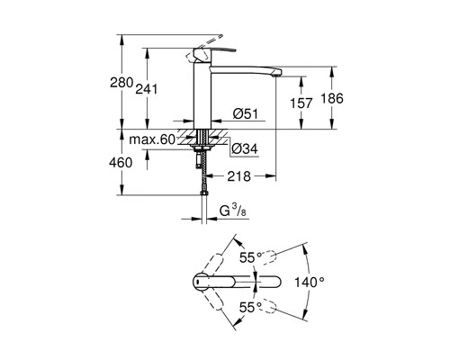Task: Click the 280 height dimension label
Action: [121, 83]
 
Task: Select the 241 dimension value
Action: [147, 89]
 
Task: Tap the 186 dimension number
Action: [332, 98]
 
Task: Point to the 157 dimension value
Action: [301, 103]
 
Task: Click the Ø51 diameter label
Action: [246, 114]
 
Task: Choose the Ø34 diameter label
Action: [246, 148]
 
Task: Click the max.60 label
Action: [152, 139]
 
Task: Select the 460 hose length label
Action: [121, 163]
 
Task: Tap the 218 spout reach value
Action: [238, 176]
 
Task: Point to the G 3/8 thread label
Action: [233, 211]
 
